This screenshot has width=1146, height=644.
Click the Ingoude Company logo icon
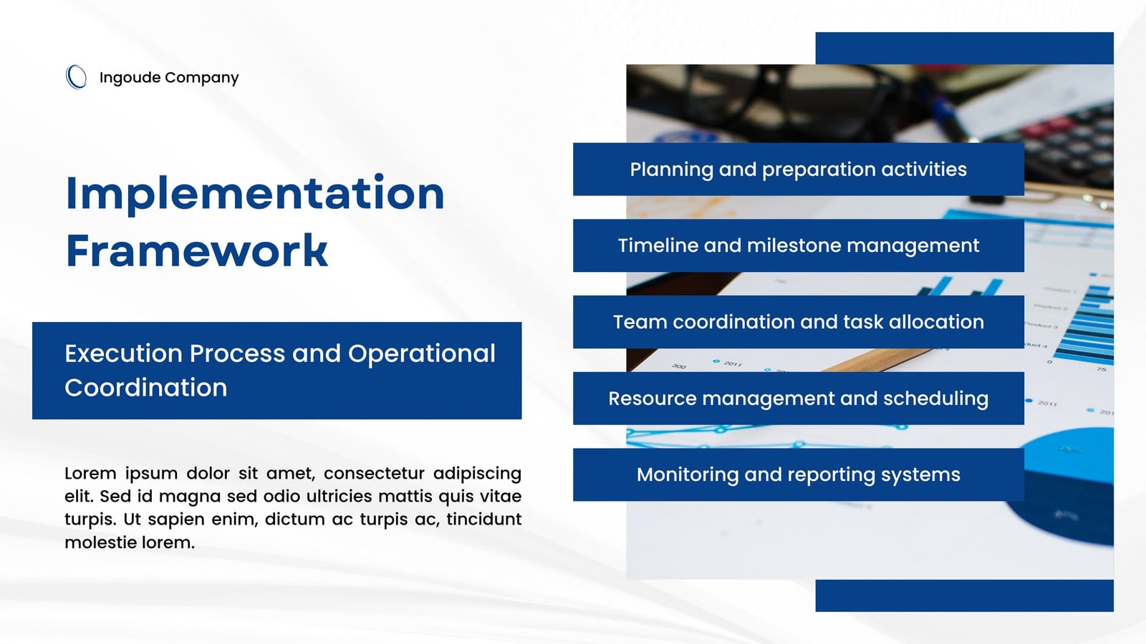76,77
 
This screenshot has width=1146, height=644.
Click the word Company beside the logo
201,78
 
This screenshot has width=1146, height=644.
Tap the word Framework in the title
197,250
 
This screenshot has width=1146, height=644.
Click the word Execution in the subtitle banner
123,353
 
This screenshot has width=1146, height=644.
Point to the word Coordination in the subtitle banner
146,387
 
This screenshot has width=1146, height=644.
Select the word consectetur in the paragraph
374,473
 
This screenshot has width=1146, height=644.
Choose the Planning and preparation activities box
798,169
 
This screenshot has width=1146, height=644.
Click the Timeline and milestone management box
798,246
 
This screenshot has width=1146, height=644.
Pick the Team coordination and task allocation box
798,322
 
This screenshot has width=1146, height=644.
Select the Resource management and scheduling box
798,399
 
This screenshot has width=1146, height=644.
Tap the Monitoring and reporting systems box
798,475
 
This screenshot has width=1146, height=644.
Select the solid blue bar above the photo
964,48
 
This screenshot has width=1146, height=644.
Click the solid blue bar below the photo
964,595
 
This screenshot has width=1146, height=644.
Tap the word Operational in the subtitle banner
422,353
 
